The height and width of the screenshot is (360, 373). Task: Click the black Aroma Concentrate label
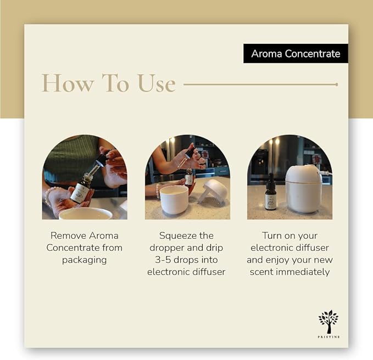coord(296,54)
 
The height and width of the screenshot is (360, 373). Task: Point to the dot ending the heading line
coord(336,85)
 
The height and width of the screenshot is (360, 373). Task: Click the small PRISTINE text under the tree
coord(329,336)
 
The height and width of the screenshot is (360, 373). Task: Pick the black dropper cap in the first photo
coord(101,160)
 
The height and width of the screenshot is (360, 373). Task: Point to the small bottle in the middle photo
coord(189,177)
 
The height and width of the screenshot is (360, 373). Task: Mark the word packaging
coord(84,260)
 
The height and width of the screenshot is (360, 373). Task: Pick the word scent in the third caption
coord(261,272)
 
